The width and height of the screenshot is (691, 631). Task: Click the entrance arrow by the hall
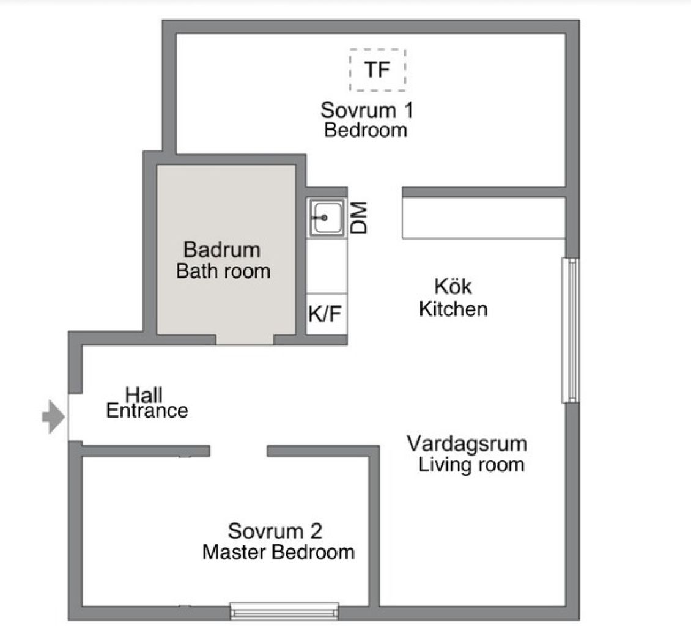(54, 417)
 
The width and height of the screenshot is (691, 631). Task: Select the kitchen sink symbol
(327, 217)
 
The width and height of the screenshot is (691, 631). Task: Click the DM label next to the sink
(359, 218)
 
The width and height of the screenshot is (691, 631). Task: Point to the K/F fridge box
(327, 313)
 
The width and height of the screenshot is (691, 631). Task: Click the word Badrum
(221, 250)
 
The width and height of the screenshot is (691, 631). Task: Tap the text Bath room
(223, 271)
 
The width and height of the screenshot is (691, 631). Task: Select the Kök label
(453, 286)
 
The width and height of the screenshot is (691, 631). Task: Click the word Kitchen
(453, 309)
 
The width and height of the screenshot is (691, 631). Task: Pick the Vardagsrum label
(467, 444)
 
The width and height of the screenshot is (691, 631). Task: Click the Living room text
(471, 465)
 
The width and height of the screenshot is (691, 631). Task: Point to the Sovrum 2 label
(275, 531)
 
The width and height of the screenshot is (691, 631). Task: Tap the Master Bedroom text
(278, 552)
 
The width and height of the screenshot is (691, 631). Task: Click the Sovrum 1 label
(367, 110)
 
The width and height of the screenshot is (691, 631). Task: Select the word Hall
(144, 394)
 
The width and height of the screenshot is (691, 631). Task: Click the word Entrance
(147, 411)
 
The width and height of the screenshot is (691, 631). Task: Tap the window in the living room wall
(571, 331)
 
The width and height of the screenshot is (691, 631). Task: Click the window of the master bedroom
(284, 611)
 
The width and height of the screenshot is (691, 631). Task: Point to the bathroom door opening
(245, 339)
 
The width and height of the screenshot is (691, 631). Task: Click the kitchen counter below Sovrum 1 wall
(484, 218)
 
